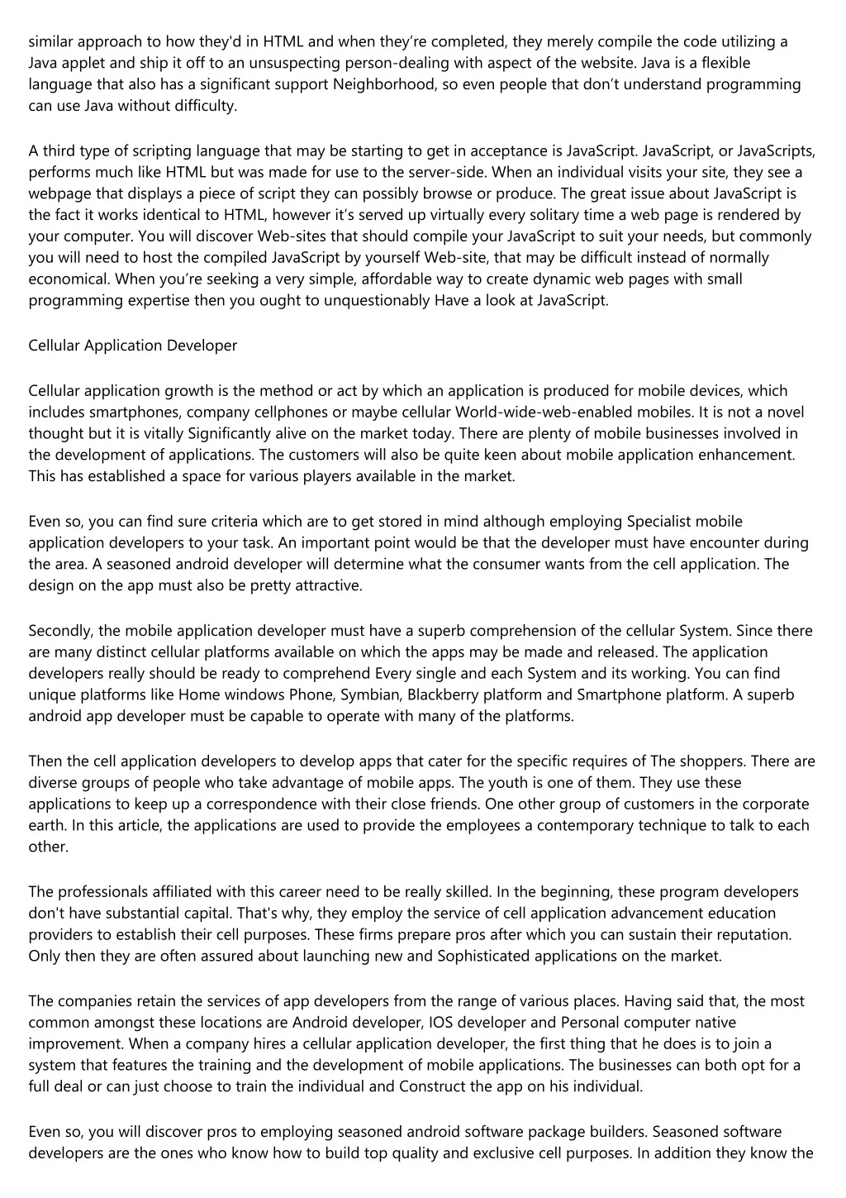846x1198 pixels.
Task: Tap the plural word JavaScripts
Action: (777, 150)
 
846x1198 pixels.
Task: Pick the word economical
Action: (69, 279)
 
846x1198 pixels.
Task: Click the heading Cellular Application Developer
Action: (133, 346)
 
